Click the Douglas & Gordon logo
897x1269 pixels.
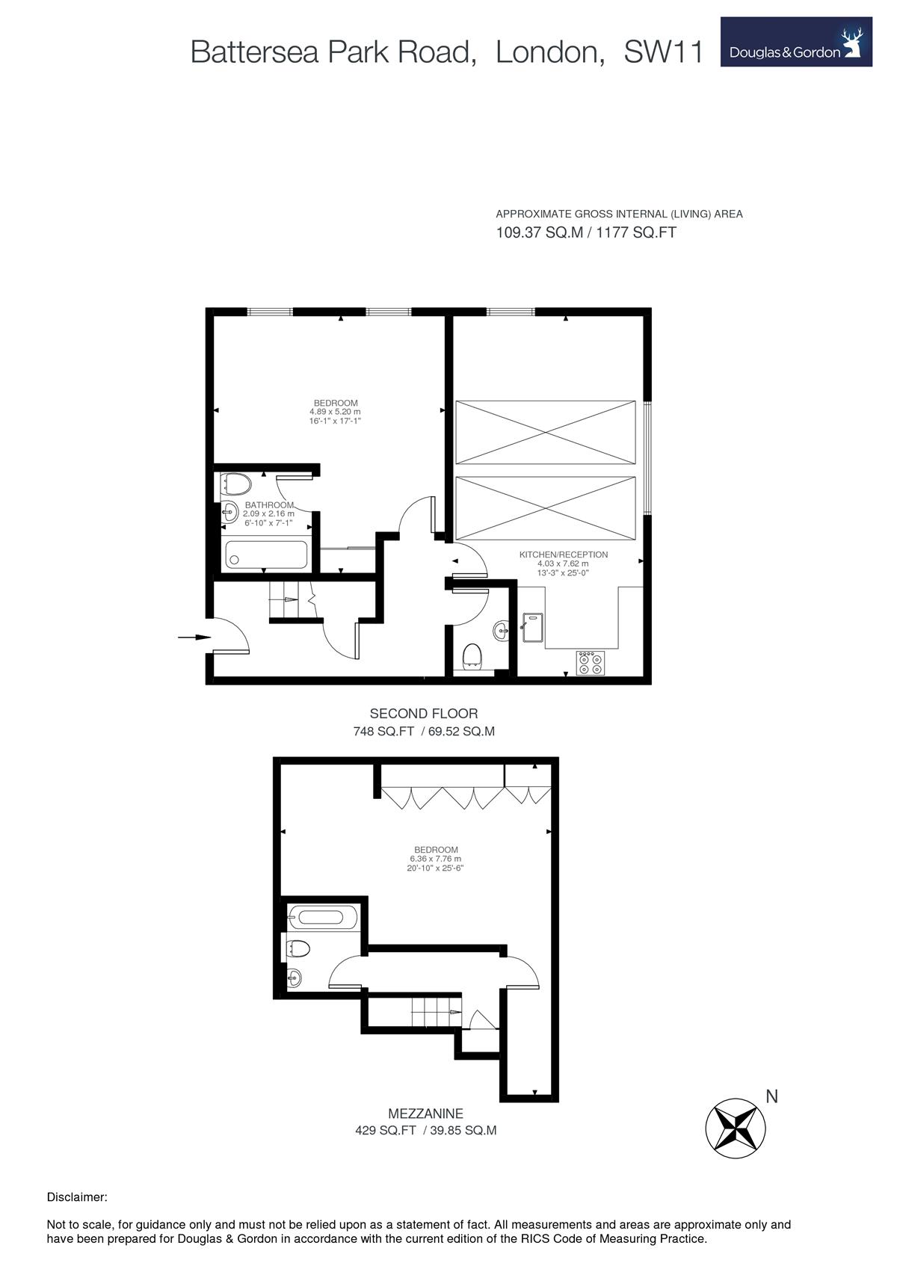[x=795, y=42]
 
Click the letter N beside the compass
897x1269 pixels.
[x=771, y=1097]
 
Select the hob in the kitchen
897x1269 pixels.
[x=591, y=663]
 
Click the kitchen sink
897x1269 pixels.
[x=533, y=628]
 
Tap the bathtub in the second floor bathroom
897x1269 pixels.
[x=266, y=555]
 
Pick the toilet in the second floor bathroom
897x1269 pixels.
[x=235, y=484]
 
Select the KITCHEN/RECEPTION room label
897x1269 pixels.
[x=564, y=555]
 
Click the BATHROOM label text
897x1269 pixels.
[x=269, y=504]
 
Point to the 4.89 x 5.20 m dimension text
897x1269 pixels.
[x=335, y=412]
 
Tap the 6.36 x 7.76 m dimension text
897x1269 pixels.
[x=435, y=859]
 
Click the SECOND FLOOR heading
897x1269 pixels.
[x=424, y=714]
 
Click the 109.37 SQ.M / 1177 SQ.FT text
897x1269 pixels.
[x=586, y=232]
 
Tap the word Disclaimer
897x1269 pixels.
[x=76, y=1197]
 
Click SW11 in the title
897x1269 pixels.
[x=663, y=52]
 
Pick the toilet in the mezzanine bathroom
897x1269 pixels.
[x=298, y=948]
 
